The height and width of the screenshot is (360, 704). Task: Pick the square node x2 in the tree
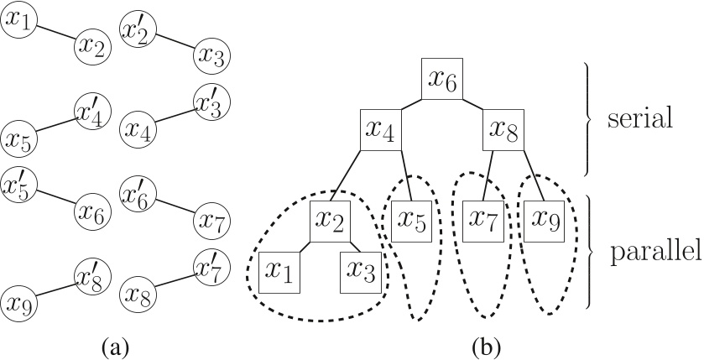(x=331, y=221)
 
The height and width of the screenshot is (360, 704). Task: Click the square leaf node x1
(x=281, y=271)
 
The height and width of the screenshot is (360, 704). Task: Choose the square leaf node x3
(x=362, y=271)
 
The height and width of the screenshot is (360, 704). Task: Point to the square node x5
(x=410, y=220)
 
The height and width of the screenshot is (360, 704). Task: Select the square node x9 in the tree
(x=543, y=220)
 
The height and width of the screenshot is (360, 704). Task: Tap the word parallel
(x=655, y=251)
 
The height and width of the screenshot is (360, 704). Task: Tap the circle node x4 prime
(x=90, y=111)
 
